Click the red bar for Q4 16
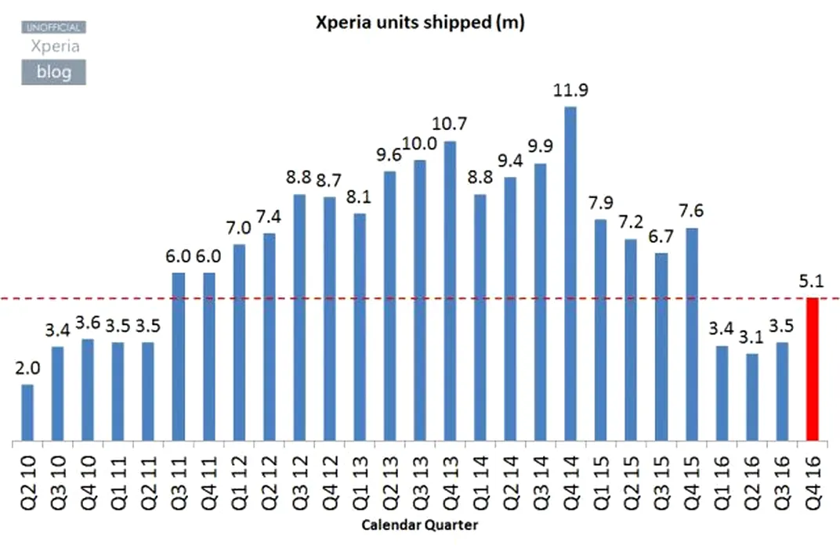812,369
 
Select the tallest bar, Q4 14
570,273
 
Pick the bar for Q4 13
450,290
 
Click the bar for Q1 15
600,330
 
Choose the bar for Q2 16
752,397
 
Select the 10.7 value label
450,124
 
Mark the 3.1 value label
752,337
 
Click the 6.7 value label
661,236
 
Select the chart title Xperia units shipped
419,23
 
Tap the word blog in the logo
53,72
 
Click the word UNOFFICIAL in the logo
53,27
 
